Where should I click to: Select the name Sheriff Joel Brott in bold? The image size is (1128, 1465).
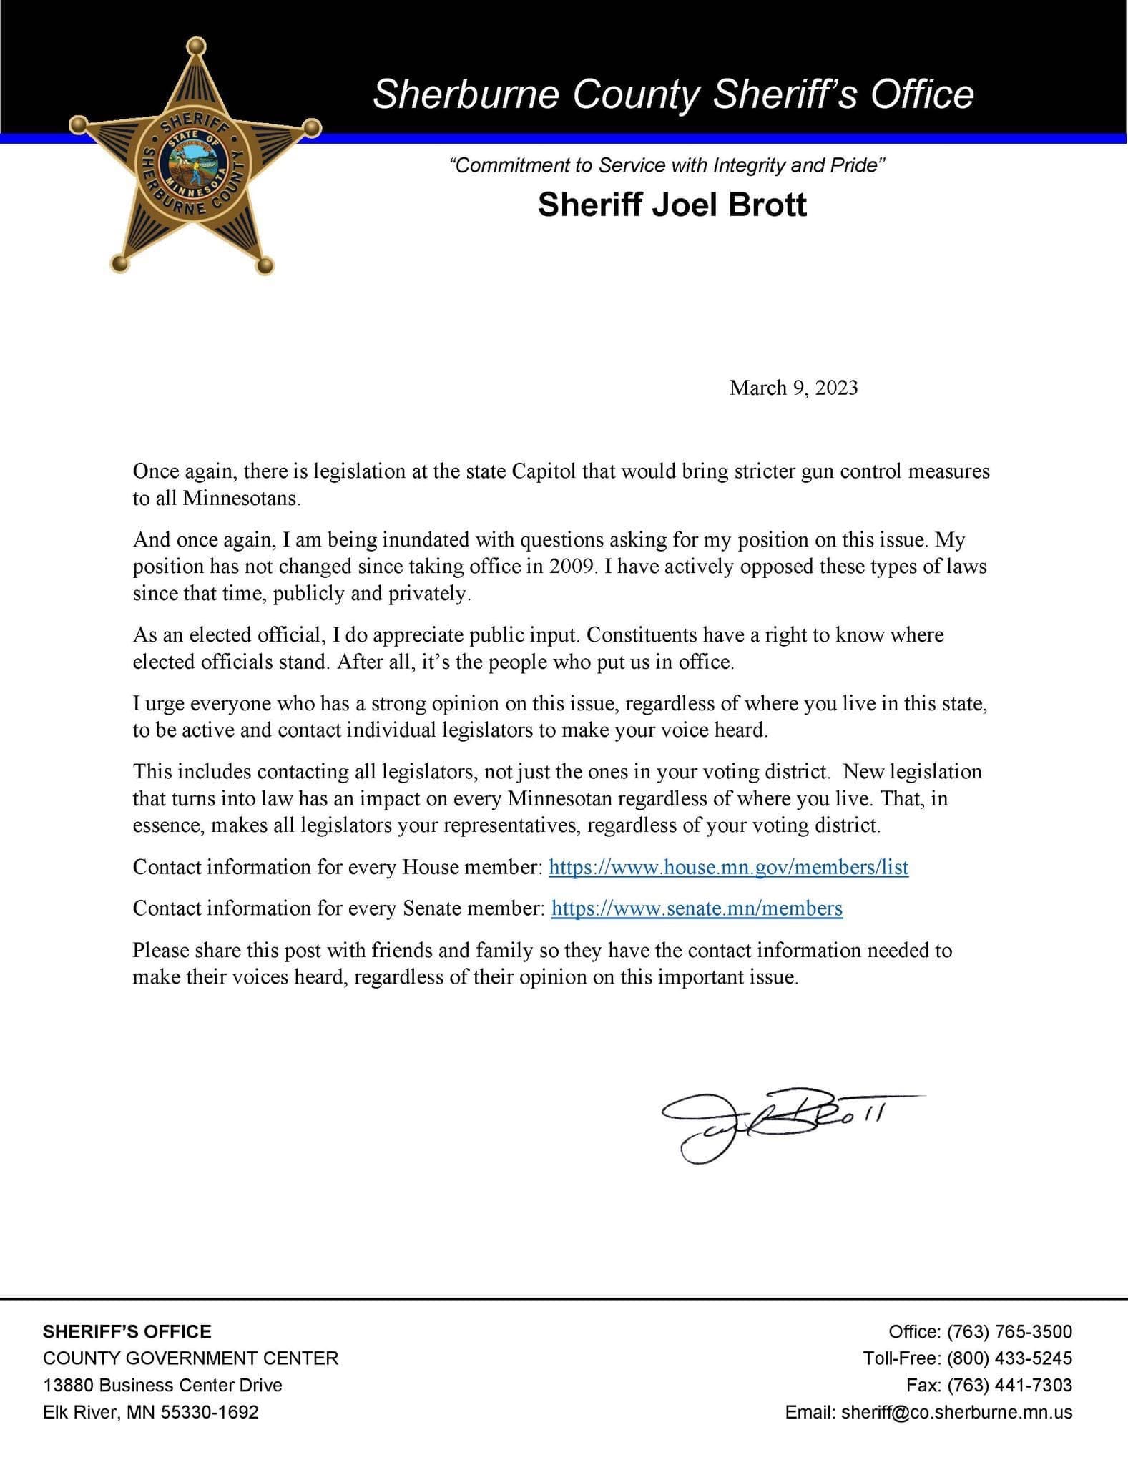click(672, 205)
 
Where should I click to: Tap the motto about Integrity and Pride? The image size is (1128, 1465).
click(667, 166)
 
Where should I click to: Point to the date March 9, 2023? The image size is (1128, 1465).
click(793, 388)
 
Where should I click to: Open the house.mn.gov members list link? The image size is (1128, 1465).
click(728, 867)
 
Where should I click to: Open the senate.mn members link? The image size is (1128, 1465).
click(697, 908)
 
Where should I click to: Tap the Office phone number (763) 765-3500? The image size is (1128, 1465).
click(1009, 1331)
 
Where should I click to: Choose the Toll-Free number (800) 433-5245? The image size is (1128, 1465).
click(1009, 1358)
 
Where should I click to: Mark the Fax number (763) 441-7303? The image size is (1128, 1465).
click(1009, 1385)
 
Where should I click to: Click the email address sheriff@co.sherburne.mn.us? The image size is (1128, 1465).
click(956, 1412)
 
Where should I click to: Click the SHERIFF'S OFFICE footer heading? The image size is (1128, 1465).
click(127, 1331)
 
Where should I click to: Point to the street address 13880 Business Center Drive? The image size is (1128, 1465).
click(162, 1385)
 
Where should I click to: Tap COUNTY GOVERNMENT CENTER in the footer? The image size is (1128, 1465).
click(190, 1358)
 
